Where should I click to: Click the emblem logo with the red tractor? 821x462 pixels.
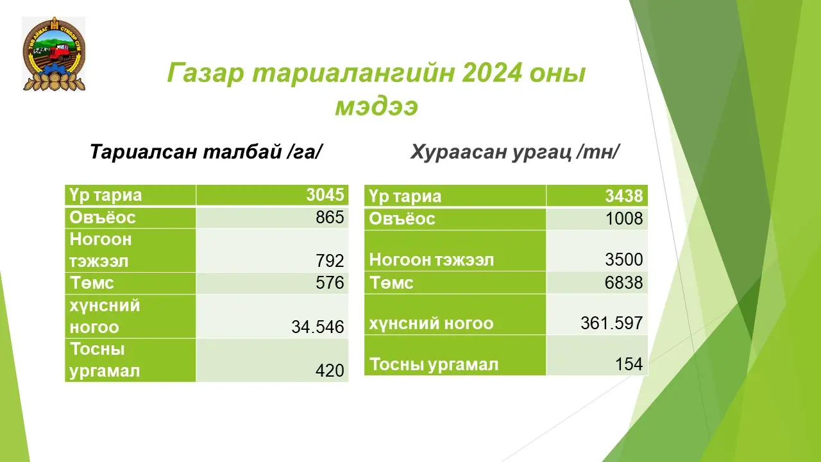click(x=54, y=54)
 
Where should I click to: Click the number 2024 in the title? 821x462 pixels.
click(x=491, y=73)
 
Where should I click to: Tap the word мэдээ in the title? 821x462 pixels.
click(x=377, y=107)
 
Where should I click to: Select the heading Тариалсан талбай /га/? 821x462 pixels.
click(x=206, y=151)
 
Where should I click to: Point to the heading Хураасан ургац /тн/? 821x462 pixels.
click(x=515, y=151)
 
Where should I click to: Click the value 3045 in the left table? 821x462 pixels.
click(x=325, y=194)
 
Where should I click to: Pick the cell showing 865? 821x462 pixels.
click(x=330, y=217)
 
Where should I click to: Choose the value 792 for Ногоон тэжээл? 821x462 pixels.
click(x=330, y=261)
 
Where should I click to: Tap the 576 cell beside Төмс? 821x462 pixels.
click(x=330, y=283)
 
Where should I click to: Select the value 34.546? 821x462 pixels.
click(x=317, y=327)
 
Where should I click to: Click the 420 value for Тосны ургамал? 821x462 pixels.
click(x=330, y=370)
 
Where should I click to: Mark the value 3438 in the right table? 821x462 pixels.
click(x=624, y=196)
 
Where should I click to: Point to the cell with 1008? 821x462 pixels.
click(x=624, y=219)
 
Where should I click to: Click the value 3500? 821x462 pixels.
click(x=624, y=259)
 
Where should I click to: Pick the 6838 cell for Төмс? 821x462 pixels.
click(x=624, y=282)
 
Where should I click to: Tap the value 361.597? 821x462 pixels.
click(x=612, y=323)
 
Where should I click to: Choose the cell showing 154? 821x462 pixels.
click(x=629, y=364)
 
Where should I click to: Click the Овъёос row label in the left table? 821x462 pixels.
click(x=102, y=218)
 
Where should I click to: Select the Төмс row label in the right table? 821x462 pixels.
click(x=391, y=283)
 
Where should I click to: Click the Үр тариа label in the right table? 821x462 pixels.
click(x=405, y=196)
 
